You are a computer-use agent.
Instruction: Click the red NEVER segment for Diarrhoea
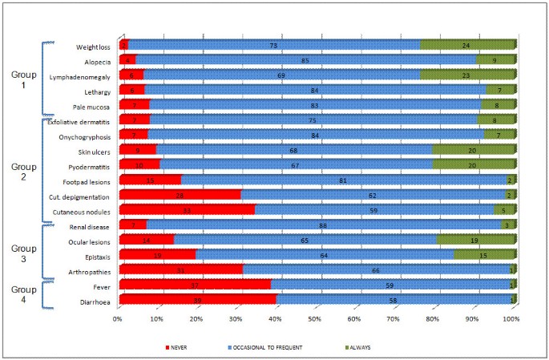197,300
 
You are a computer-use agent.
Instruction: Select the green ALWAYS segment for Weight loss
468,45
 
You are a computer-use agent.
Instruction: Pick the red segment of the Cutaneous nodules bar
187,210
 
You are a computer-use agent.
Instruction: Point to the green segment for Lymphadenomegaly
468,75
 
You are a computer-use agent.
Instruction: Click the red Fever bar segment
195,285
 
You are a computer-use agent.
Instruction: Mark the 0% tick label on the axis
118,319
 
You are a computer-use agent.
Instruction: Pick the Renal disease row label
91,225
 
